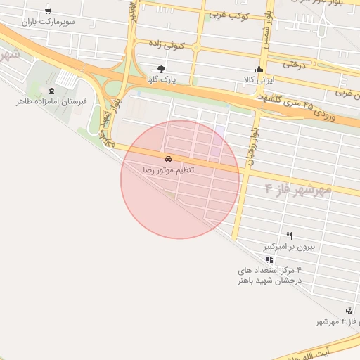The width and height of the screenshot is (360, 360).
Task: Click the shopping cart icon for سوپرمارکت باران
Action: [x=47, y=11]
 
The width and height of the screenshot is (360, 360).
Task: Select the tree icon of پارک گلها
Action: [x=162, y=69]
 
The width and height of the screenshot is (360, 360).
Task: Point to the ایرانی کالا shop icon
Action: [x=259, y=69]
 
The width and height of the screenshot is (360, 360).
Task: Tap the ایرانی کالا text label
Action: [x=258, y=79]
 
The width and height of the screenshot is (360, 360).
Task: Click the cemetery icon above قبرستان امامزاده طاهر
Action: [x=51, y=91]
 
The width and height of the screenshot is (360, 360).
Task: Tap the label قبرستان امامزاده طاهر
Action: [x=51, y=102]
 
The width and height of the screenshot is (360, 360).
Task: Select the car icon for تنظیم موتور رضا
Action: [x=168, y=159]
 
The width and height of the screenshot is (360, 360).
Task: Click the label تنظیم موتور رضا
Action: [x=169, y=170]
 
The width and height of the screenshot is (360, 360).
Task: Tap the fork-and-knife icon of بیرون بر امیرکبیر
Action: [x=290, y=236]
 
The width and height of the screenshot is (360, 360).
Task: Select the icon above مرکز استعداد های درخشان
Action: [x=269, y=259]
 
